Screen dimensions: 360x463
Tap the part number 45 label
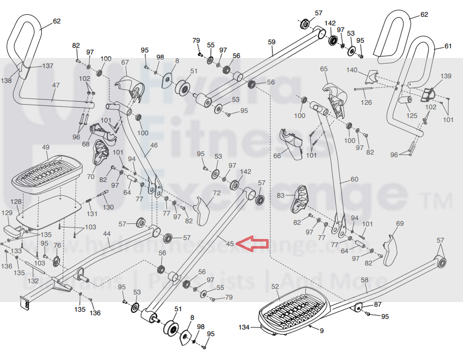click(230, 244)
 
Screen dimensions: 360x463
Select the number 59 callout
click(271, 41)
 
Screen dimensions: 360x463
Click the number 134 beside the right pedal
click(244, 327)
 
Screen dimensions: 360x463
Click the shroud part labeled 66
click(292, 144)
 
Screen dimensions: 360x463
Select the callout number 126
click(366, 103)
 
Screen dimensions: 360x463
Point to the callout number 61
click(448, 46)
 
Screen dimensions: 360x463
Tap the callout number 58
click(364, 280)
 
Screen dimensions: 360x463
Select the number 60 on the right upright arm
click(355, 179)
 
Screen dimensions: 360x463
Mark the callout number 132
click(33, 281)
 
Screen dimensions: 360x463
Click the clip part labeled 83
click(301, 198)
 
